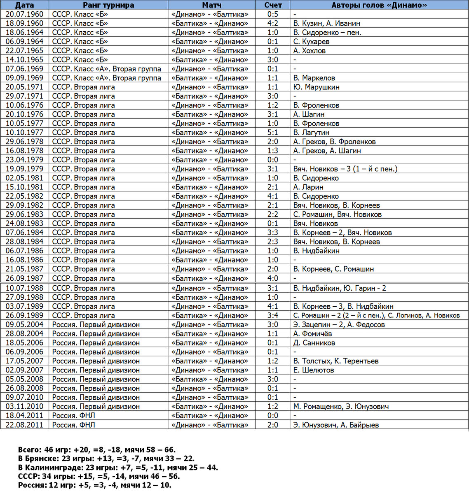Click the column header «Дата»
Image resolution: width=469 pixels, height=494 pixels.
(24, 5)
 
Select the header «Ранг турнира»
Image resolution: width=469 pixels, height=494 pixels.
(108, 5)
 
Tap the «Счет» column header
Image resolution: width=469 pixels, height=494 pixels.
(273, 5)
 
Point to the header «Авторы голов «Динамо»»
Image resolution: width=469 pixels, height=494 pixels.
(379, 5)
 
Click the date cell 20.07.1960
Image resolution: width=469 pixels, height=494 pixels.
(24, 14)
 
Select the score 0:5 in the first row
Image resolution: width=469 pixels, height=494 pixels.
(273, 14)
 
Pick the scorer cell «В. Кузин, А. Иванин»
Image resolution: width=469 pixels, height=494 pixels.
(327, 23)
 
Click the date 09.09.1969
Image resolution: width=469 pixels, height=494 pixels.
(24, 78)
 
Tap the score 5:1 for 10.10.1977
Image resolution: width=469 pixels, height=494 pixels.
(273, 133)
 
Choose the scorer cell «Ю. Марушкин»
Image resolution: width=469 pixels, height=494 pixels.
(317, 87)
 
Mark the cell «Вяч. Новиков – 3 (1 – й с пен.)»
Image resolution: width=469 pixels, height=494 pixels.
(345, 169)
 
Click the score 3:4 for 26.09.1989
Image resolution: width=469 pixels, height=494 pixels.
(273, 316)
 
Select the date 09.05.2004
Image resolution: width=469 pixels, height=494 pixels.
(24, 325)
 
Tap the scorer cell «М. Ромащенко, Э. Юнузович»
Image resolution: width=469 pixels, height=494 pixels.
(341, 407)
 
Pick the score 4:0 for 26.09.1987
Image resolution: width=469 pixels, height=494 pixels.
(273, 278)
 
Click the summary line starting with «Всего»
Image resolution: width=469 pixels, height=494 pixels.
(97, 450)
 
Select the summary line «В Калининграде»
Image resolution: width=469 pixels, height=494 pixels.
(118, 468)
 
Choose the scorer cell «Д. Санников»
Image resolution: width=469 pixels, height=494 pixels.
(314, 343)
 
